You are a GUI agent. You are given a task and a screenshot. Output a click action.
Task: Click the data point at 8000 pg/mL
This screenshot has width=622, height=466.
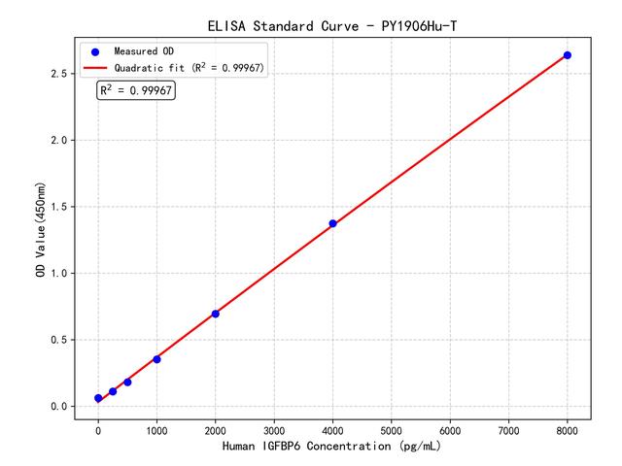pos(568,55)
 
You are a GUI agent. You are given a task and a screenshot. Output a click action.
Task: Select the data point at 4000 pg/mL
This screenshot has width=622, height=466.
pos(332,223)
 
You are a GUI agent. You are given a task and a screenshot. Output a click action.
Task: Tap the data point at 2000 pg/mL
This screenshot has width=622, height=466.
pos(215,314)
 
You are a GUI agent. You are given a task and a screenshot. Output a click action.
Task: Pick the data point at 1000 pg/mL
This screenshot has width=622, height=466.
pos(156,359)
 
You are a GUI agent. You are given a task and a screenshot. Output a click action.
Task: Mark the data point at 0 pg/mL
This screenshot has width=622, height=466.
pos(98,398)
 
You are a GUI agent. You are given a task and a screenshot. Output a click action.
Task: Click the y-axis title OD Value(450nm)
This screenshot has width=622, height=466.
pos(40,229)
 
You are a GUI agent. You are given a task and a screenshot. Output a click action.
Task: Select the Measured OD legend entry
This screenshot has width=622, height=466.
pos(142,50)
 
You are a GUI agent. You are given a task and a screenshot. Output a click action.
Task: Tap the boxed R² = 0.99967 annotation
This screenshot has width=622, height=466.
pos(136,90)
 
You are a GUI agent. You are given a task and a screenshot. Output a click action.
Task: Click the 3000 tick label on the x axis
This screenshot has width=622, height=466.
pos(274,428)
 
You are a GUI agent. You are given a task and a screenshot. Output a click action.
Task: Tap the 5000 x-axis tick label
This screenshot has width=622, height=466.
pos(392,428)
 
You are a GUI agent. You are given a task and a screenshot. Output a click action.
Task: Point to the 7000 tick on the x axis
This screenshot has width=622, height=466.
pos(509,428)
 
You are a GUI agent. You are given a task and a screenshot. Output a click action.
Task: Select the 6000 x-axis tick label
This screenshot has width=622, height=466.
pos(450,428)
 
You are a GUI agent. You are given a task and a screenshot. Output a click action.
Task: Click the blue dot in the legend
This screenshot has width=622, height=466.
pos(95,50)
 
